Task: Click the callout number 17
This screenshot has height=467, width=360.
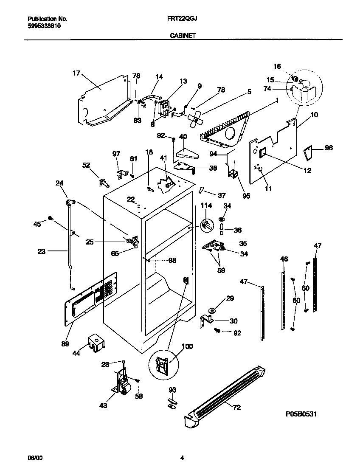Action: click(76, 73)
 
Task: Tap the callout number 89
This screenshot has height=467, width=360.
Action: click(65, 344)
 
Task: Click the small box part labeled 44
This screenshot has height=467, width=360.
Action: click(96, 342)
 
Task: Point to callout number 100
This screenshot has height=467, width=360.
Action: click(187, 346)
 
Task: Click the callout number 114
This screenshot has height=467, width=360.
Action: click(206, 206)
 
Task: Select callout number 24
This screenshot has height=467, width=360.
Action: click(59, 183)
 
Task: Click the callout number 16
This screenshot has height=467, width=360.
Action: click(277, 66)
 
